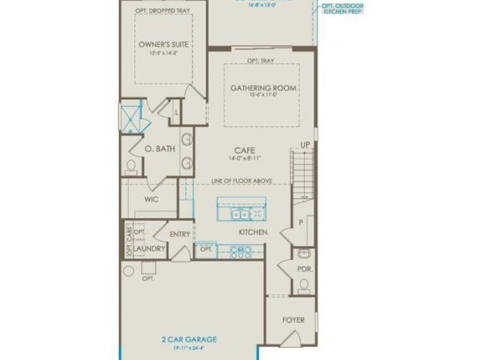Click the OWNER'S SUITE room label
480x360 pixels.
click(163, 45)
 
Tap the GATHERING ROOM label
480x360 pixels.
click(263, 88)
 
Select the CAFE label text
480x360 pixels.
click(243, 150)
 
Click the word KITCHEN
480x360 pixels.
click(252, 232)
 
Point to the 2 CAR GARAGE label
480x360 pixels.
click(189, 339)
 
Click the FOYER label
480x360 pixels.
click(293, 320)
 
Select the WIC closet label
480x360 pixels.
click(151, 199)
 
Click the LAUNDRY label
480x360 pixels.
click(149, 249)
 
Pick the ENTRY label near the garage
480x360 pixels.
click(180, 234)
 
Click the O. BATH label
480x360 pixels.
click(160, 150)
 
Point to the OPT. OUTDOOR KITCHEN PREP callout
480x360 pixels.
click(342, 9)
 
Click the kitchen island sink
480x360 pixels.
click(238, 214)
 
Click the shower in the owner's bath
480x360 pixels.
click(130, 118)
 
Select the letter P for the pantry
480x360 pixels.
click(300, 222)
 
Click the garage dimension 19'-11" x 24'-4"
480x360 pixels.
click(189, 348)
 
